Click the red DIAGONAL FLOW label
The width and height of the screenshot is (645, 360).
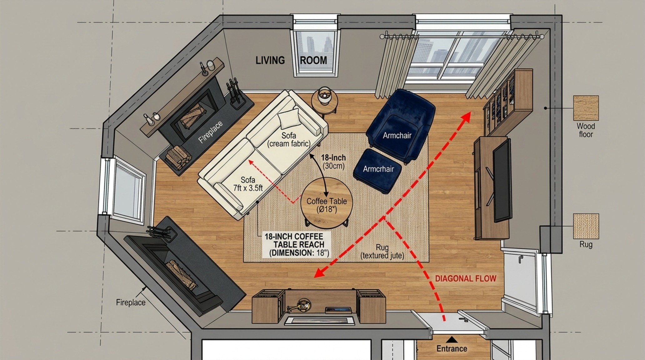pos(466,278)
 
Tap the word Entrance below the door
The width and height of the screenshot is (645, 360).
pos(452,349)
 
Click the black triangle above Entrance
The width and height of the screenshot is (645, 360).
pos(452,340)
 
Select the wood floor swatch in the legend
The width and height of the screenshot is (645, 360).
pos(586,108)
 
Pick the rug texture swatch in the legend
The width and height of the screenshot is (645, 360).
pos(586,226)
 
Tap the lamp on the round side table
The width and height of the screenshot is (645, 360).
pos(325,95)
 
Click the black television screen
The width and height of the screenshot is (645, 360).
pos(502,180)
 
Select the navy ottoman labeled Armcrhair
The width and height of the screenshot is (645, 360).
pos(378,171)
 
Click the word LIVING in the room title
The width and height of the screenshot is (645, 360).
pos(270,60)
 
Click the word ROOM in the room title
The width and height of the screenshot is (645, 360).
pos(313,60)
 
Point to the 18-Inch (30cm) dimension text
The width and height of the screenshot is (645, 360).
pos(333,162)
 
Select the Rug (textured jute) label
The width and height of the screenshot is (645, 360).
pos(382,252)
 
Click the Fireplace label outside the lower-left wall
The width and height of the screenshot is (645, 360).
pos(131,302)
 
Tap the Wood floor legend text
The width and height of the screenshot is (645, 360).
pos(586,130)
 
